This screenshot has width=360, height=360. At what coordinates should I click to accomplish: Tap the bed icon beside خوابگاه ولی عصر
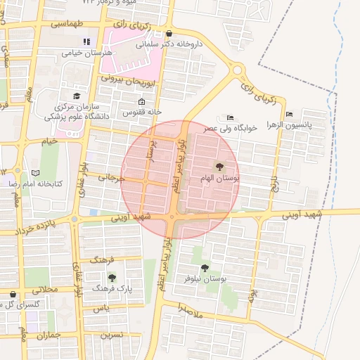pyautogui.click(x=230, y=117)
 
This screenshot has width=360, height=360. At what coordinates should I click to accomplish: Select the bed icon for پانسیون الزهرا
pyautogui.click(x=289, y=115)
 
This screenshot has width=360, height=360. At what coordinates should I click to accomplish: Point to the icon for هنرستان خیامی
pyautogui.click(x=87, y=41)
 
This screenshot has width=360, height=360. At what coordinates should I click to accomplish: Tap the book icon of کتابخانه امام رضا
pyautogui.click(x=36, y=172)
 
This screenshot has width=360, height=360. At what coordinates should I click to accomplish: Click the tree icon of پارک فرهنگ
pyautogui.click(x=111, y=278)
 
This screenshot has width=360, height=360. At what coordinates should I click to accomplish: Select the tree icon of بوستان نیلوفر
pyautogui.click(x=205, y=267)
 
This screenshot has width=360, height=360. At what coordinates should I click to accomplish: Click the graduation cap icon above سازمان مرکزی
pyautogui.click(x=77, y=96)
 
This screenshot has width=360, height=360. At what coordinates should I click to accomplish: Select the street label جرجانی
pyautogui.click(x=111, y=179)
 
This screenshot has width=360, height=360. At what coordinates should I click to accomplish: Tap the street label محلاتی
pyautogui.click(x=39, y=290)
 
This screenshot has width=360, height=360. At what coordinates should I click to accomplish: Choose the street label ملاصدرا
pyautogui.click(x=189, y=309)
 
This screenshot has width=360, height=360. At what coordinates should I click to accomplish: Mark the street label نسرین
pyautogui.click(x=111, y=335)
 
